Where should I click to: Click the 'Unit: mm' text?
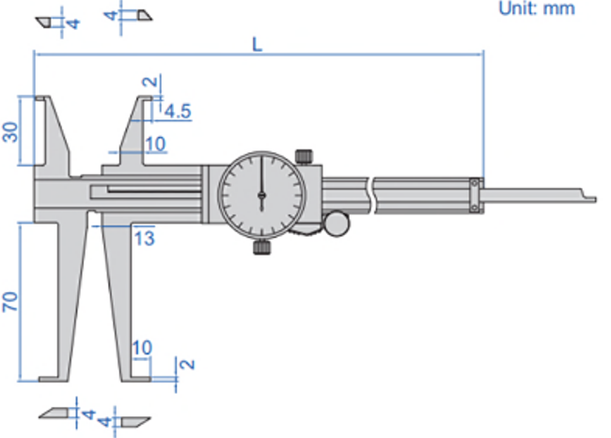(537, 8)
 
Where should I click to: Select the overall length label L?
(258, 44)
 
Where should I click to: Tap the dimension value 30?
(10, 133)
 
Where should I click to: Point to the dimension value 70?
(10, 301)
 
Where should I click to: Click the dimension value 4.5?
(178, 112)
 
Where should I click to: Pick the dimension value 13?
(145, 238)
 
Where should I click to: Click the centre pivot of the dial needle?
(262, 195)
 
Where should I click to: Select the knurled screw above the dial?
(304, 157)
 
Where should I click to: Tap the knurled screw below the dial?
(262, 247)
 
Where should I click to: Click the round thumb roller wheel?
(337, 224)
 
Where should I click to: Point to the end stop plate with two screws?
(475, 196)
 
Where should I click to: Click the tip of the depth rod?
(595, 199)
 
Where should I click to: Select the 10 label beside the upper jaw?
(156, 144)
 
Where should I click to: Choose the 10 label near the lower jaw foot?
(142, 348)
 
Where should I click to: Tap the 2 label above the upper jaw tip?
(150, 82)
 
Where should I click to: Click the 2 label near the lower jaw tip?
(187, 365)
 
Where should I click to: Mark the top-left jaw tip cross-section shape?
(43, 23)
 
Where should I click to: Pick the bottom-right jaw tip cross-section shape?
(135, 422)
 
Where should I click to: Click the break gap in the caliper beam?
(370, 196)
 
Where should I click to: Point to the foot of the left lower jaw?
(54, 379)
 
